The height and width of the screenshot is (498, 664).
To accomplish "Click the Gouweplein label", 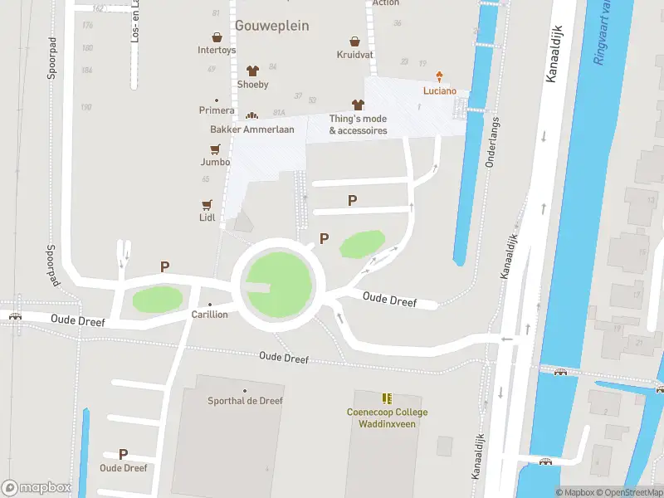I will click(x=271, y=26).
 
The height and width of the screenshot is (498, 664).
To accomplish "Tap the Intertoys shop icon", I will click(x=217, y=37).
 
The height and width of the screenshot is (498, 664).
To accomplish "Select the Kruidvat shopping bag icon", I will click(x=354, y=41).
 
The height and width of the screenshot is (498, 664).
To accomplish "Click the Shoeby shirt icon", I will click(x=252, y=71).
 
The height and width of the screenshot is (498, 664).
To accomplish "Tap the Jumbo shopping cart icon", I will click(x=215, y=149).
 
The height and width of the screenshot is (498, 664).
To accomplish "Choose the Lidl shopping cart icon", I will click(x=207, y=204).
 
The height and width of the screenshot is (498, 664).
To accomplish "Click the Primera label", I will click(x=217, y=110).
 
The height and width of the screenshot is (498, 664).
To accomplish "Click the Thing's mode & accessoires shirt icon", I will click(x=358, y=105).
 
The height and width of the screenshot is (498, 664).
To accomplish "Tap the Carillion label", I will click(x=209, y=315).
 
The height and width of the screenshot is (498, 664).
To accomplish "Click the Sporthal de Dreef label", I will click(x=245, y=401).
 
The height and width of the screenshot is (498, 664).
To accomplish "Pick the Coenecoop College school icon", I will click(x=387, y=398).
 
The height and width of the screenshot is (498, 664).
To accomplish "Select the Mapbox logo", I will click(x=37, y=488).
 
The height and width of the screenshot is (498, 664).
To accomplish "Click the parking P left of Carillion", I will click(x=165, y=266).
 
